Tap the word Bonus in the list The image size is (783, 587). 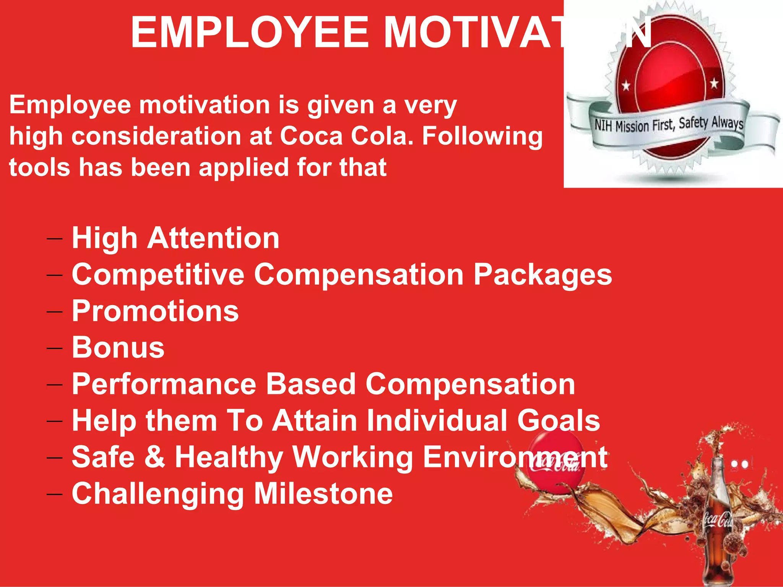[118, 348]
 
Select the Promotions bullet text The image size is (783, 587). [155, 311]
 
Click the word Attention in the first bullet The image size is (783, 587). [213, 238]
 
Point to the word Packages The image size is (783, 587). [543, 275]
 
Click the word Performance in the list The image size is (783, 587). [164, 384]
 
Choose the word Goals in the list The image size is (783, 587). [558, 420]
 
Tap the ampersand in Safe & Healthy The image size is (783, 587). [155, 457]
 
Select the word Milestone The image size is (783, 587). [323, 493]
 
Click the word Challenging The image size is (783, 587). [158, 494]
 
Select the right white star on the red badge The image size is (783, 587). [714, 83]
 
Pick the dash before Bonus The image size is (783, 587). [54, 348]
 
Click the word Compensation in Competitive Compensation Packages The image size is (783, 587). [359, 274]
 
